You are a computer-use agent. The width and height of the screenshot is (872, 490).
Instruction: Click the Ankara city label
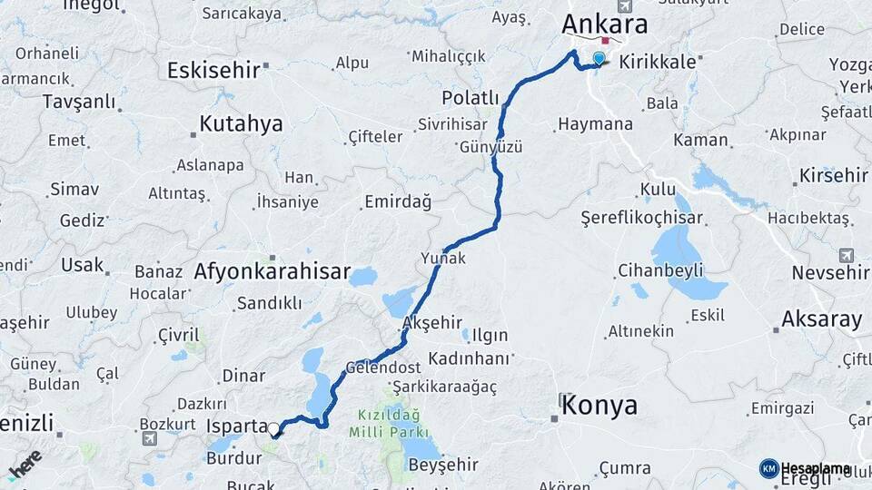click(x=606, y=23)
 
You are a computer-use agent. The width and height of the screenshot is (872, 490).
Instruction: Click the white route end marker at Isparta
click(x=273, y=428)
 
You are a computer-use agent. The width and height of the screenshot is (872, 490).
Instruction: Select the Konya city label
click(x=599, y=406)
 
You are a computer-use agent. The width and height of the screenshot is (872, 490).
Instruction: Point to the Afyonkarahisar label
click(x=272, y=271)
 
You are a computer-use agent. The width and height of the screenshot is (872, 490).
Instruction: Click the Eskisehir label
click(x=213, y=70)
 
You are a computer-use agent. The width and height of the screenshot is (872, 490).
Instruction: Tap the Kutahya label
click(x=241, y=124)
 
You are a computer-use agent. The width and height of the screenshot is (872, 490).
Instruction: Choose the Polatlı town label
click(x=471, y=98)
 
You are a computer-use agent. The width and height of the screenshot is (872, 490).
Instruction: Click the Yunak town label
click(x=443, y=259)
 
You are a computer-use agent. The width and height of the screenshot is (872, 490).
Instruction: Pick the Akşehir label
click(x=431, y=323)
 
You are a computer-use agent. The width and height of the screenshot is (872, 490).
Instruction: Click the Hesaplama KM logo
click(x=807, y=468)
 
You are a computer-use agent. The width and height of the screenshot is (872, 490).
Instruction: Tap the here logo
click(x=25, y=465)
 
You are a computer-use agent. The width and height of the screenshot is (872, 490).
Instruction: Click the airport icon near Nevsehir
click(x=847, y=255)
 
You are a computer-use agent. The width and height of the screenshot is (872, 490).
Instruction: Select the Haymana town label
click(x=595, y=123)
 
